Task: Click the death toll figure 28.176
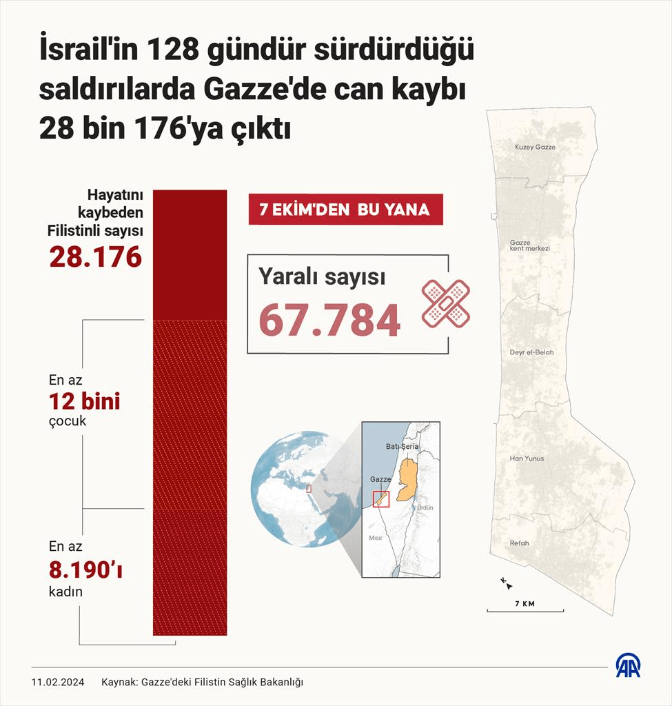(95, 256)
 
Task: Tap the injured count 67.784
(329, 320)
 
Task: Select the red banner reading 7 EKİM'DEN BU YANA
(345, 210)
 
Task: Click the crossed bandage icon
(445, 303)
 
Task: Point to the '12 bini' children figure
(84, 401)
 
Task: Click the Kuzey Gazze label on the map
(535, 147)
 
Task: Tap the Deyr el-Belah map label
(531, 352)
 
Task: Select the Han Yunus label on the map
(527, 458)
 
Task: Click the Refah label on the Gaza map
(519, 543)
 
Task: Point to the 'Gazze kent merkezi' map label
(525, 245)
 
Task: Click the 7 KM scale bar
(525, 609)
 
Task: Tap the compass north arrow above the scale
(507, 584)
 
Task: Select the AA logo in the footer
(628, 665)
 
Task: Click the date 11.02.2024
(58, 682)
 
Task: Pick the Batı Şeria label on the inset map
(402, 447)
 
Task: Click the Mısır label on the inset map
(376, 537)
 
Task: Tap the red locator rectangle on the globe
(309, 488)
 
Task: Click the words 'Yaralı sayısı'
(322, 276)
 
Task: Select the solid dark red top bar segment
(190, 254)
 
